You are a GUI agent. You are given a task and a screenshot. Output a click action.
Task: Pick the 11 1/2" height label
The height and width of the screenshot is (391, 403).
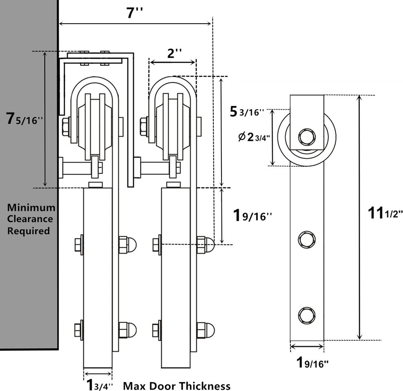click(384, 213)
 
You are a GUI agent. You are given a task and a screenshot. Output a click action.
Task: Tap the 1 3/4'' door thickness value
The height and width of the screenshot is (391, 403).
click(98, 384)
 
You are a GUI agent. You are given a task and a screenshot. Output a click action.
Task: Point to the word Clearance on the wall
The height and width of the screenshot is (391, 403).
click(30, 219)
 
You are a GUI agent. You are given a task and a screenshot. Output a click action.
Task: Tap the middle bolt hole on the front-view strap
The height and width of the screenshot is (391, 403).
click(307, 239)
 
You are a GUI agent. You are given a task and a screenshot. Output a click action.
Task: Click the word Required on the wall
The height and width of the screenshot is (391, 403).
click(28, 231)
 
